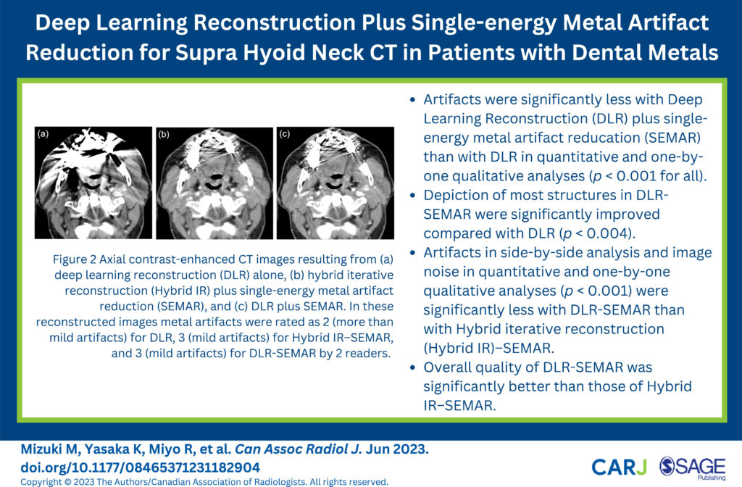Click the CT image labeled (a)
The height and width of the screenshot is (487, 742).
(x=93, y=183)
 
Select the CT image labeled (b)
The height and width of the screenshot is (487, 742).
(x=214, y=183)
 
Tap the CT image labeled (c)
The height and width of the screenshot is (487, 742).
(x=335, y=183)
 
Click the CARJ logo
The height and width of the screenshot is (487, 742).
(x=619, y=467)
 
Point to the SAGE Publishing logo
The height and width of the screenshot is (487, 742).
(x=692, y=468)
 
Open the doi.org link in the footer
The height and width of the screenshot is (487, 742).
(x=140, y=467)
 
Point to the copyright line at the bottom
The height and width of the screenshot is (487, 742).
(x=204, y=482)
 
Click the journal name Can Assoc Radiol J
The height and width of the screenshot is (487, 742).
(x=298, y=449)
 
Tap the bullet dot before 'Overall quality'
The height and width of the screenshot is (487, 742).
(x=413, y=367)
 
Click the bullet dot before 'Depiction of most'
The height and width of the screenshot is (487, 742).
(x=413, y=196)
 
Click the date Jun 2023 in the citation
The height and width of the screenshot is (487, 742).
(x=396, y=449)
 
